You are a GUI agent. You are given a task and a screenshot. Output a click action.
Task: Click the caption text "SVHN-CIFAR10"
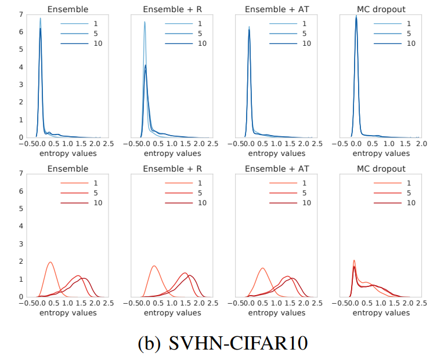(238, 343)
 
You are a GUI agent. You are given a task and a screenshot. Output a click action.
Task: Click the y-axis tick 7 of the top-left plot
(21, 14)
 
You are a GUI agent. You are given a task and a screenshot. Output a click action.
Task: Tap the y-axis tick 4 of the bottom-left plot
(21, 226)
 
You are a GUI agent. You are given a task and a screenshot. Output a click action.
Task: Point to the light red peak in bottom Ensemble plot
(50, 262)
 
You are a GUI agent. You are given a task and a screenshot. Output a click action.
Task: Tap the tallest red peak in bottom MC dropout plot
(354, 261)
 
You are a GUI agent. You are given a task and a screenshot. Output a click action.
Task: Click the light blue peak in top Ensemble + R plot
(145, 22)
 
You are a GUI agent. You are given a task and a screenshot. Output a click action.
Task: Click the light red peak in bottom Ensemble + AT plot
(263, 268)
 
